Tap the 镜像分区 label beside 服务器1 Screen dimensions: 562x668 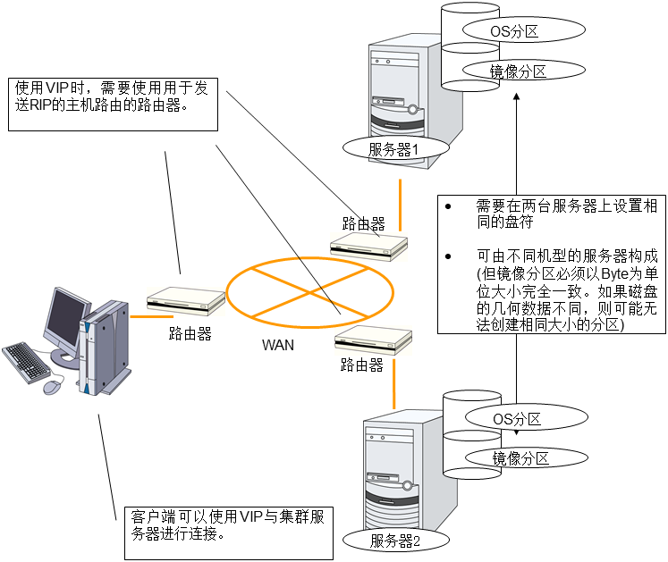pos(519,72)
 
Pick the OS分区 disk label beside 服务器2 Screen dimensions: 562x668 pos(517,417)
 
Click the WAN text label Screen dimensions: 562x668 pos(277,344)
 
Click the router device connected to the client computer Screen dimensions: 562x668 pos(186,302)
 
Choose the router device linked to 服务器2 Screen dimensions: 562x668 pos(374,342)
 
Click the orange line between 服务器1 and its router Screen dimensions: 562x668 pos(399,202)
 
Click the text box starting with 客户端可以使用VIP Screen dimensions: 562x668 pos(228,526)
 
